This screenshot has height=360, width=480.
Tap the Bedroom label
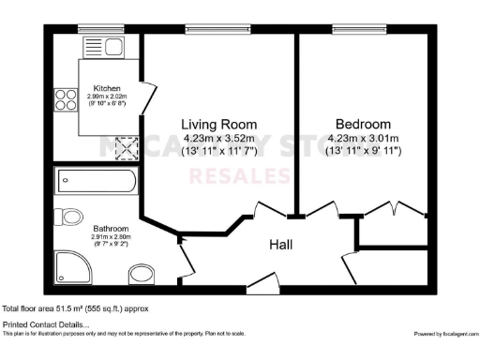pyautogui.click(x=364, y=124)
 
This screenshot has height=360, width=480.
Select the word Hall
pyautogui.click(x=281, y=244)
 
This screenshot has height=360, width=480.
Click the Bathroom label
pyautogui.click(x=111, y=228)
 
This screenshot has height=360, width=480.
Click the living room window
pyautogui.click(x=217, y=28)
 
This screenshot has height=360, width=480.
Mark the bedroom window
pyautogui.click(x=360, y=28)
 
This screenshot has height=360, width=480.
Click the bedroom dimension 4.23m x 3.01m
pyautogui.click(x=364, y=139)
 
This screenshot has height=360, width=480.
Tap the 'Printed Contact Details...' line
pyautogui.click(x=47, y=324)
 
